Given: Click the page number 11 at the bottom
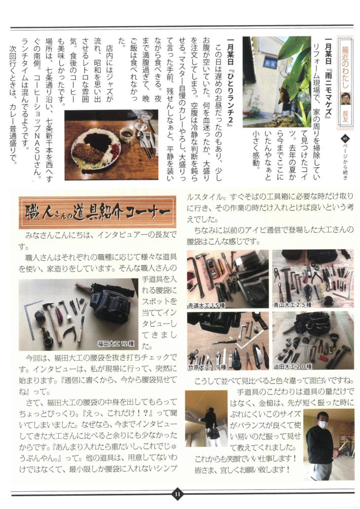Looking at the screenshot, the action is (x=178, y=494).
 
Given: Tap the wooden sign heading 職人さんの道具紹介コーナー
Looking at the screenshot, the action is (x=98, y=212).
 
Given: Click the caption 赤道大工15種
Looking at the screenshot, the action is (x=207, y=305).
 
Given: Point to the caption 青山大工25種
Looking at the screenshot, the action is (x=292, y=305).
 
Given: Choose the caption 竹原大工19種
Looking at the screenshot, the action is (x=207, y=367).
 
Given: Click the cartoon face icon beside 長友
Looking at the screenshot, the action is (x=345, y=99).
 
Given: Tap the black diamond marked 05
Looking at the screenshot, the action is (x=345, y=139).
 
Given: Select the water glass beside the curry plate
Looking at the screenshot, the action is (x=144, y=120).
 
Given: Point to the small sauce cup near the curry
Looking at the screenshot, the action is (x=126, y=133).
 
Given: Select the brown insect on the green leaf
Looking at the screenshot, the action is (x=283, y=93).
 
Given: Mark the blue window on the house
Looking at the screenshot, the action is (x=270, y=62).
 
